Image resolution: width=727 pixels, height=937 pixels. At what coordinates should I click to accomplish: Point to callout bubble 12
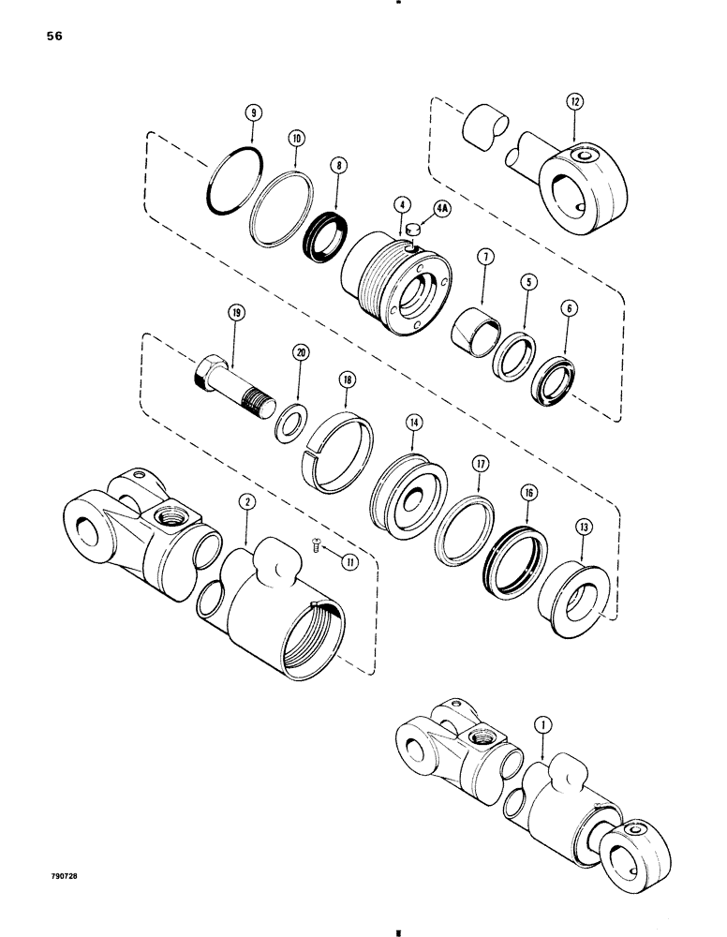point(573,99)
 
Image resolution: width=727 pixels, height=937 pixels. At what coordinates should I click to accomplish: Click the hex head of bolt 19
point(212,373)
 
